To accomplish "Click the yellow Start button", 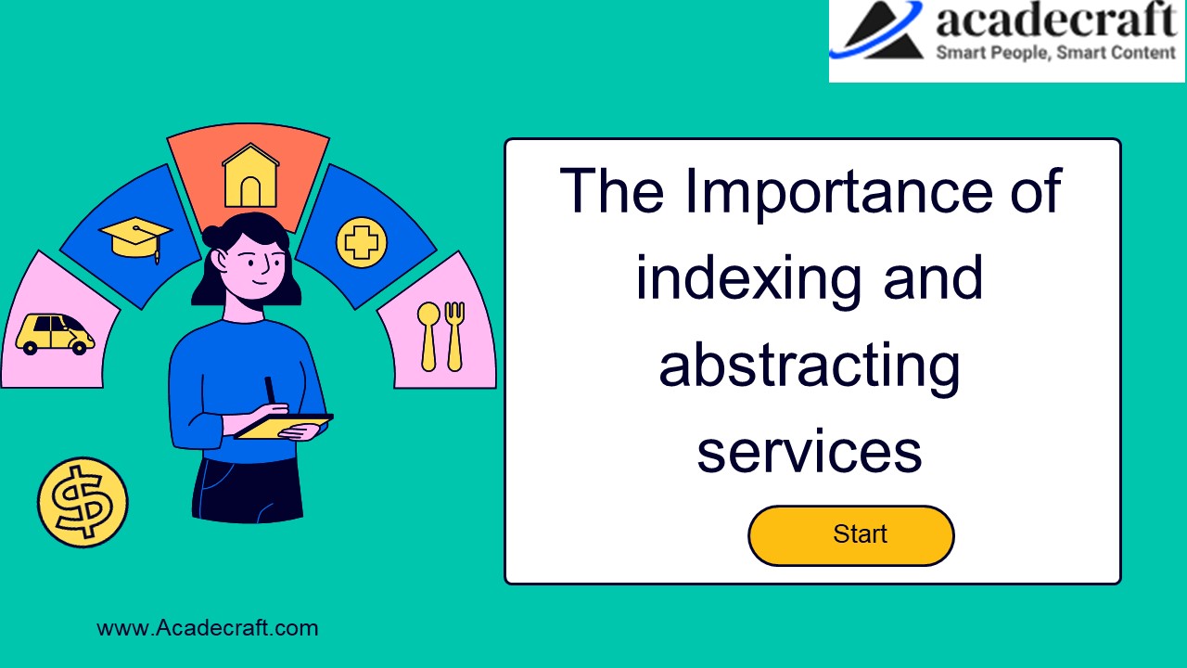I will tap(850, 535).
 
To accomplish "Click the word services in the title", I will tap(809, 452).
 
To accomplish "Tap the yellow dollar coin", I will tap(83, 502).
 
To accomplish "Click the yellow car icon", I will tap(55, 334).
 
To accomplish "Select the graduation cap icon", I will tap(136, 237).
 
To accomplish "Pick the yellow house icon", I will tap(249, 176).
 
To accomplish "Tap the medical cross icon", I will tap(361, 243).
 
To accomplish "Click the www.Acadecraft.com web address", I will tap(208, 628).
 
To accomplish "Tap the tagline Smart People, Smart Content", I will tap(1054, 53).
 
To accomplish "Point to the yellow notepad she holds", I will tap(283, 426).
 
